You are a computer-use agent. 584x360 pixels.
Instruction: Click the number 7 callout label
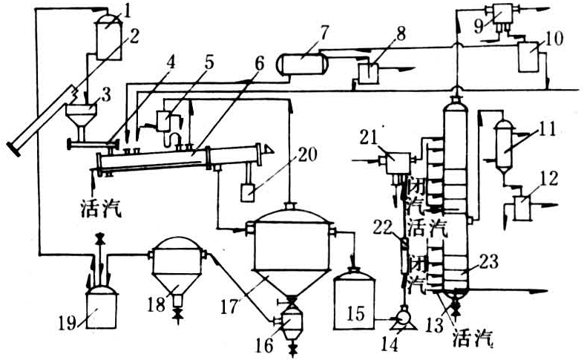tap(324, 34)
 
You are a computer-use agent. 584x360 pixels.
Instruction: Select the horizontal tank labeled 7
tap(303, 64)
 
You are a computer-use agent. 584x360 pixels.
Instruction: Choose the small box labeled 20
tap(248, 193)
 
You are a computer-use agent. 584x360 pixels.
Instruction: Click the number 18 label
tap(156, 306)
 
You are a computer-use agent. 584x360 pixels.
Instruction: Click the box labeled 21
tap(397, 163)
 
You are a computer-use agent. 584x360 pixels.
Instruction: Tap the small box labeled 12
tap(522, 208)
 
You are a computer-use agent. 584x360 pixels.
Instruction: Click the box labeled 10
tap(528, 57)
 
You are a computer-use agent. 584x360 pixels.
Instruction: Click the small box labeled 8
tap(368, 73)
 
